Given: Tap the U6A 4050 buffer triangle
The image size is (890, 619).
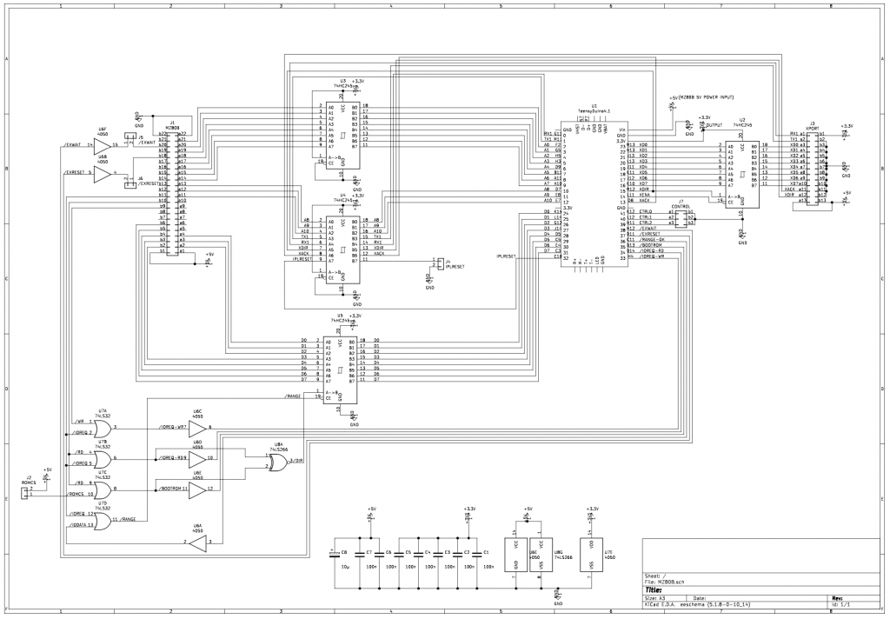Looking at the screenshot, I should click(x=198, y=543).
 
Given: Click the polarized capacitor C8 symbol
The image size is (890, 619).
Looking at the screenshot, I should click(x=335, y=553).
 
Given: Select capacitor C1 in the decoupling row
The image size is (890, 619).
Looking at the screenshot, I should click(x=476, y=553).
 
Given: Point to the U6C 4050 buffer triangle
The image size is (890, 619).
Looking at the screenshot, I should click(x=198, y=428).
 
